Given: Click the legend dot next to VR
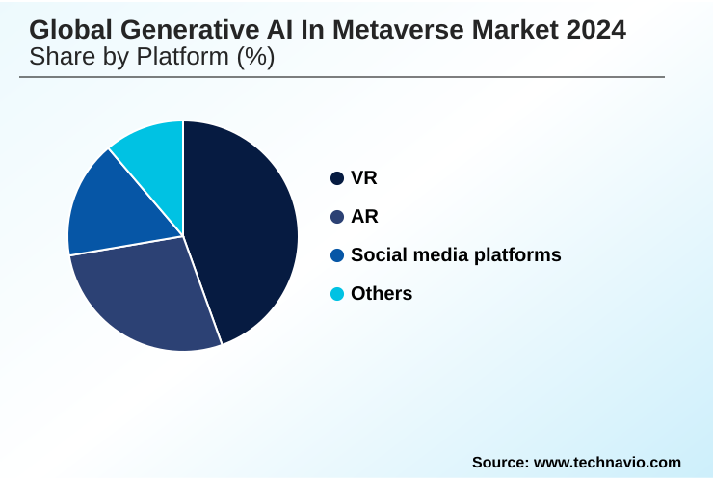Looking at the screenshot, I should [x=337, y=178].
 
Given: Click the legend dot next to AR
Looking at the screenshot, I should [x=337, y=217].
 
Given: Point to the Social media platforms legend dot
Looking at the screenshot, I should [x=337, y=255].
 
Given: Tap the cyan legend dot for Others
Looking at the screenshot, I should [x=337, y=294].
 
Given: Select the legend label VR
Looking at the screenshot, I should [x=364, y=178].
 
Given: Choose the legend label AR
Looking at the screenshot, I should [x=364, y=217].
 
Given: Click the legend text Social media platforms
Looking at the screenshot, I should [x=456, y=255].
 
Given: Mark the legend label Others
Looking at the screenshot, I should [x=382, y=294].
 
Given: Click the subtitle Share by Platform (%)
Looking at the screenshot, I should [x=151, y=57].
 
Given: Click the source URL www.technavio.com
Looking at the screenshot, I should [x=607, y=463].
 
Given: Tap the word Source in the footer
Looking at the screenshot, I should [x=498, y=463].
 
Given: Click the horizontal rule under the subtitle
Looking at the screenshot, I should [x=342, y=77].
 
